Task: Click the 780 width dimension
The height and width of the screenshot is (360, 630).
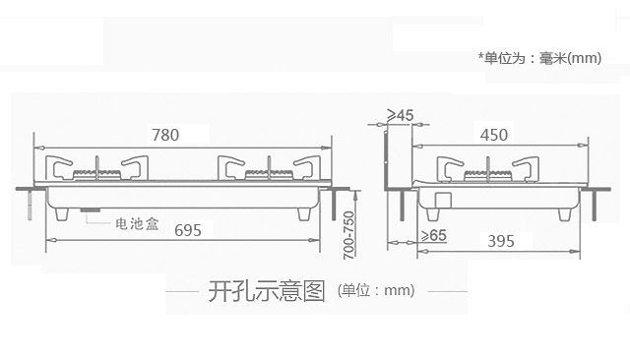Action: pos(165,135)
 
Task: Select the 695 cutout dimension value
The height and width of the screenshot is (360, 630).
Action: pos(188,230)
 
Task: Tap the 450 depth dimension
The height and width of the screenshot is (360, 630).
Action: pos(494,135)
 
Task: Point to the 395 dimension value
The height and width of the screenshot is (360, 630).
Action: pos(501,241)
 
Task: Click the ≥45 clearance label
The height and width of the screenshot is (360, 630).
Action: pos(401,115)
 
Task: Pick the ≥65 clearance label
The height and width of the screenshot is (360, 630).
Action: pos(433,235)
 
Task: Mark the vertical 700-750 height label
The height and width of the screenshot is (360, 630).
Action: pos(348,235)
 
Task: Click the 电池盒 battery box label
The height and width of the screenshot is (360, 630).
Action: pos(137,223)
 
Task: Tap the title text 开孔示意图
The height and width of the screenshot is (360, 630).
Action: pos(267,290)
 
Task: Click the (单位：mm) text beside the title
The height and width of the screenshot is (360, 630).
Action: pos(376,290)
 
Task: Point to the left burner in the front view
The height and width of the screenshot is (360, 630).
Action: pos(96,174)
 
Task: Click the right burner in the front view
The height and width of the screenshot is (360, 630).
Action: pos(269,174)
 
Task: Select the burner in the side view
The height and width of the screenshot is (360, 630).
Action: pos(488,175)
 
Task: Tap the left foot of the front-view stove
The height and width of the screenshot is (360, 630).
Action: pos(62,213)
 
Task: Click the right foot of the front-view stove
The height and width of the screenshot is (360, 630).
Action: pos(304,213)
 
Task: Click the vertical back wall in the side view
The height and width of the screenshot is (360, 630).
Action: pos(386,160)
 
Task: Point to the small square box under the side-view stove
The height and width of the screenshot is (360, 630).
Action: pos(444,200)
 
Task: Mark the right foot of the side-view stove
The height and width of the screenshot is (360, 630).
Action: pos(564,214)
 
